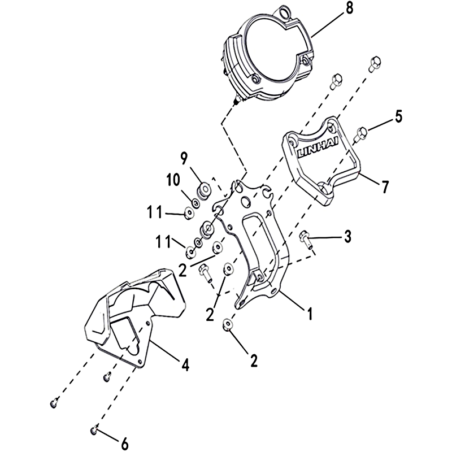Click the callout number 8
(349, 8)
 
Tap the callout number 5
(399, 116)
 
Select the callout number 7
(385, 186)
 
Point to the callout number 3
(348, 237)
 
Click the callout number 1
(310, 314)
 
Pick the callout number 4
(185, 365)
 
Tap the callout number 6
(124, 444)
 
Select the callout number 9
(184, 158)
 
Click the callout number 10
(173, 180)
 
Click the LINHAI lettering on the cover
(318, 150)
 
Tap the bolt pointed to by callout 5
(361, 134)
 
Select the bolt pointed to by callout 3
(306, 240)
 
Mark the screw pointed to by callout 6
(94, 431)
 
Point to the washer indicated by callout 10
(195, 203)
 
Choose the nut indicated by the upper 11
(189, 214)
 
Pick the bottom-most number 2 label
(254, 360)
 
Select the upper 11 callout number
(155, 212)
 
